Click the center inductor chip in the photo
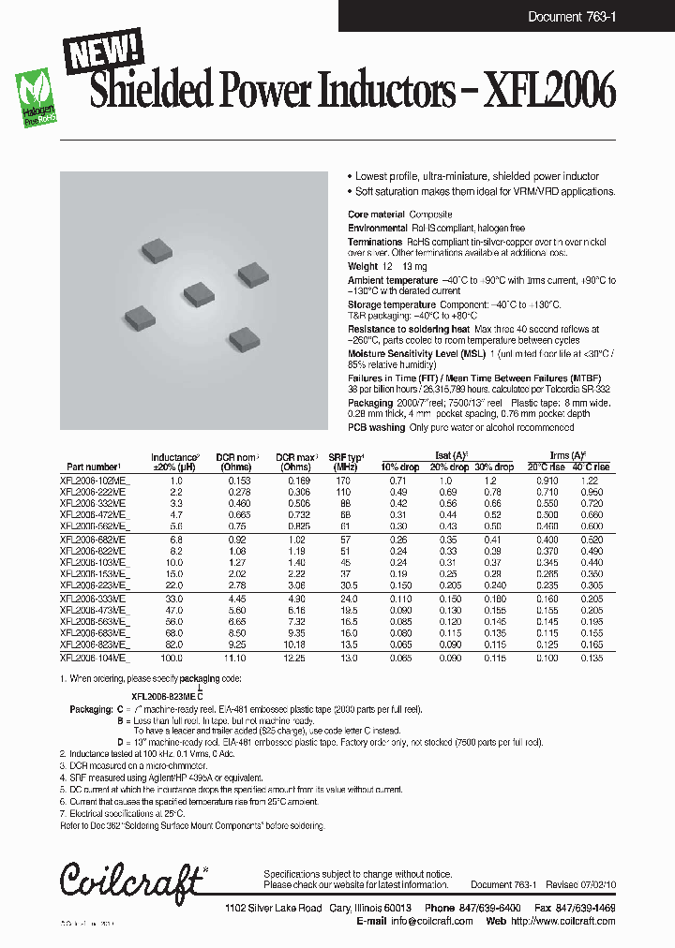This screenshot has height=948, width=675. (x=199, y=293)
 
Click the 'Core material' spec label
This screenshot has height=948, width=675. (x=377, y=215)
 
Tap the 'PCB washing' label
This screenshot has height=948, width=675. (x=376, y=427)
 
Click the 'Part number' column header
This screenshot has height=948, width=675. (x=94, y=467)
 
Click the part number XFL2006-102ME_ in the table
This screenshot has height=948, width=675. (x=95, y=480)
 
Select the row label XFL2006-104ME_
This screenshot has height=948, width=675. (x=95, y=659)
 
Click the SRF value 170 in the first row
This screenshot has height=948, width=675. (x=344, y=480)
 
